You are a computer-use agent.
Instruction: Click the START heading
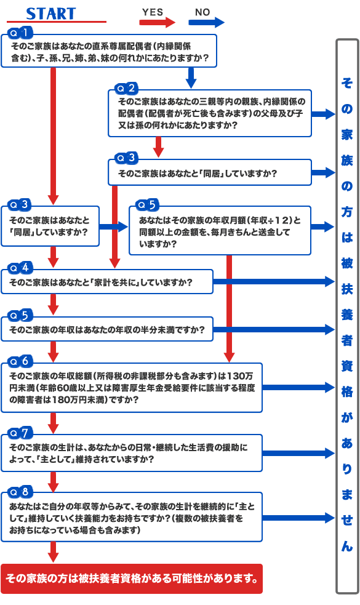click(51, 14)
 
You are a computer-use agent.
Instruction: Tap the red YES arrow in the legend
click(158, 22)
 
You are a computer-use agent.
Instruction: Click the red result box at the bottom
click(131, 578)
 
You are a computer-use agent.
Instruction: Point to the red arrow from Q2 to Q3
click(159, 146)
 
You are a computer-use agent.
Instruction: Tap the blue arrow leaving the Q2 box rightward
click(322, 114)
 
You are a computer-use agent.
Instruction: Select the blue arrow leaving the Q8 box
click(297, 518)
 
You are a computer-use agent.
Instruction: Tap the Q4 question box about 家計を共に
click(107, 282)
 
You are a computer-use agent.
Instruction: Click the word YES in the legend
click(153, 12)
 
